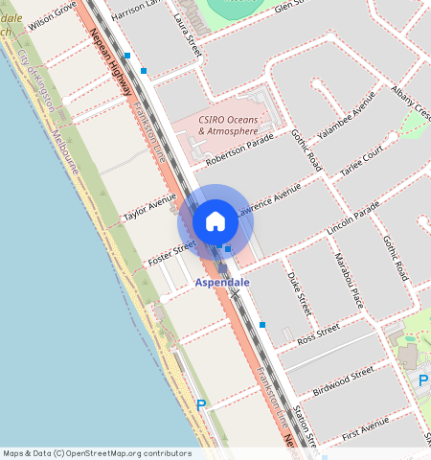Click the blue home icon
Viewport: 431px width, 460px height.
click(x=215, y=221)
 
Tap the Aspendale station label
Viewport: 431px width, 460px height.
click(x=222, y=283)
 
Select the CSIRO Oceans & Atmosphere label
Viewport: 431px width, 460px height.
click(x=228, y=125)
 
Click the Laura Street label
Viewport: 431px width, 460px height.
click(x=188, y=30)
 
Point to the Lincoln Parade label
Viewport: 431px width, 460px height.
click(x=352, y=222)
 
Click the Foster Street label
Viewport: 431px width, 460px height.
click(x=170, y=255)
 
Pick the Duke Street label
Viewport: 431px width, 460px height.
click(x=299, y=293)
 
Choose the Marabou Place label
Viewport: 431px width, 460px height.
click(x=350, y=276)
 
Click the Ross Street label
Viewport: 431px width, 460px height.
click(x=319, y=333)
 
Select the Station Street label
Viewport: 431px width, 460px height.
click(x=305, y=424)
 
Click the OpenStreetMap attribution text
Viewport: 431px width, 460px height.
click(x=97, y=453)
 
